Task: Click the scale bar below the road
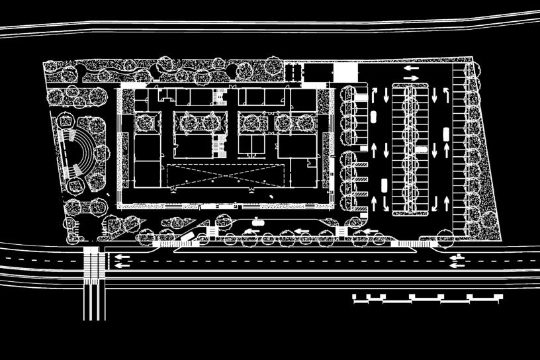tap(427, 298)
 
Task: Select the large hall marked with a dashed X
tap(228, 175)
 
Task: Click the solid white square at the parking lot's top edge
tap(344, 72)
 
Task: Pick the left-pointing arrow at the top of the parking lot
tap(412, 67)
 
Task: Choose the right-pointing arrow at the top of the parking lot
tap(412, 78)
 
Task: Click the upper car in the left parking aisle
tap(372, 117)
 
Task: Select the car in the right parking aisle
tap(445, 134)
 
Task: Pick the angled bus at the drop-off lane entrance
tap(188, 237)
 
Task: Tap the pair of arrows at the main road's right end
tap(456, 261)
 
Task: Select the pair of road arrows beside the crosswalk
tap(121, 261)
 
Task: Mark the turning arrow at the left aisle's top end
tap(373, 92)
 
